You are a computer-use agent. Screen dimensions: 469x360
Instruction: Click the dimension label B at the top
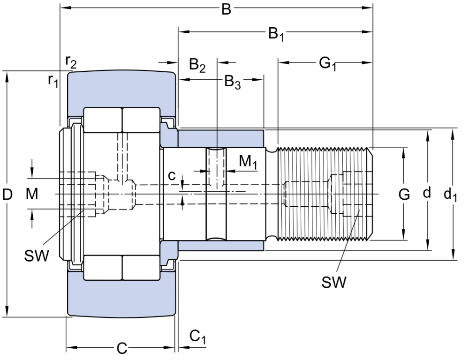coord(226,9)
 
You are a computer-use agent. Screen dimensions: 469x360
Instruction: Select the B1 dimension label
coord(276,34)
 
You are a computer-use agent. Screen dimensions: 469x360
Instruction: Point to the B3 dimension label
coord(233,82)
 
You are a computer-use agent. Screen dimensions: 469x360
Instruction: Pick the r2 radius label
coord(71,61)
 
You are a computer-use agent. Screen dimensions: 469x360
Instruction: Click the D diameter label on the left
coord(7,195)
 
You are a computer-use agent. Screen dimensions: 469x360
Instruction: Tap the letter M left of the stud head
coord(32,194)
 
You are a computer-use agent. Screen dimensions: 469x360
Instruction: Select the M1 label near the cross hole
coord(248,162)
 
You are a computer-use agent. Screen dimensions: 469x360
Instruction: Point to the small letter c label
coord(171,176)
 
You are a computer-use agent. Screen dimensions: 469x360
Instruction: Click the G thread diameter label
coord(404,195)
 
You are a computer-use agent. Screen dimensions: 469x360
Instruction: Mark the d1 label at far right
coord(450,195)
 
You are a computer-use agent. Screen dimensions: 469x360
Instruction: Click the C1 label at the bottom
coord(198,337)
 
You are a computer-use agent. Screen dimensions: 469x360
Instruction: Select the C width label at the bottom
coord(122,348)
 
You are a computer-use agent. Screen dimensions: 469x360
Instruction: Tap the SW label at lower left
coord(37,256)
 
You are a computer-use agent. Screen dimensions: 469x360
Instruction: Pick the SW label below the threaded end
coord(334,282)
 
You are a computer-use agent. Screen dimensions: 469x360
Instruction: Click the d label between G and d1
coord(427,193)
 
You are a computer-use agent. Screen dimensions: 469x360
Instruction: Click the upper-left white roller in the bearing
coord(103,120)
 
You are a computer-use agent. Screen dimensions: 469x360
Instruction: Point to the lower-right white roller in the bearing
coord(141,268)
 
